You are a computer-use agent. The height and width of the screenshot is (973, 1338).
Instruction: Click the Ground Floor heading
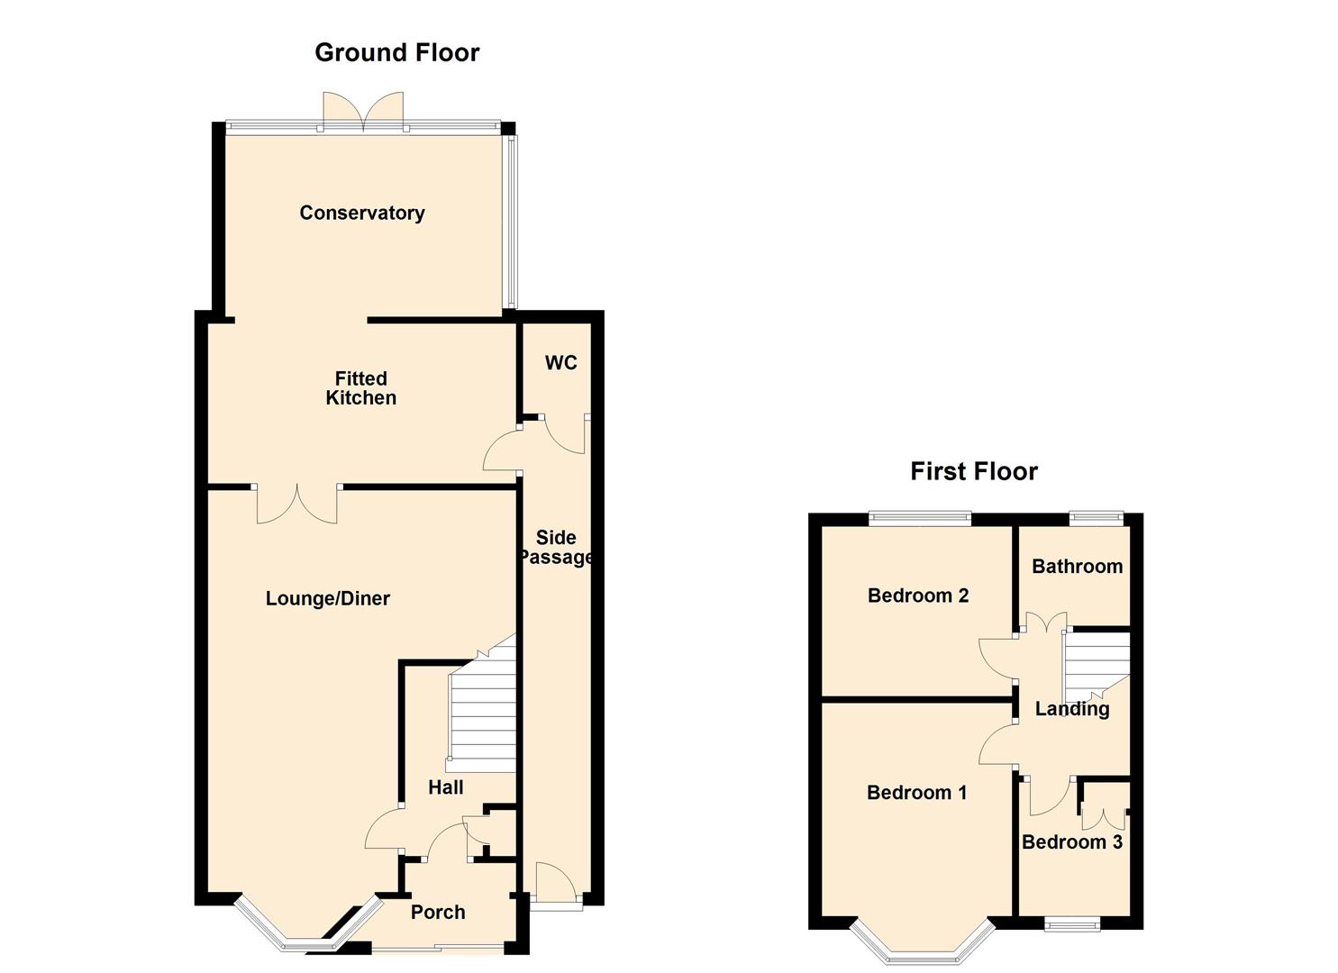click(396, 52)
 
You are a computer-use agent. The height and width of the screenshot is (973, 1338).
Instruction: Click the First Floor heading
click(973, 471)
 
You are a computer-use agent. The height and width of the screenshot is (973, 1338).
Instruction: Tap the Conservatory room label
click(361, 213)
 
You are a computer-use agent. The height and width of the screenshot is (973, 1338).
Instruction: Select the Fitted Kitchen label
click(360, 388)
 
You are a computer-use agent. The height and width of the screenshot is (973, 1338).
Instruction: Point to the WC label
click(560, 362)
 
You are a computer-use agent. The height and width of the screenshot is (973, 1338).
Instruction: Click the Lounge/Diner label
click(327, 598)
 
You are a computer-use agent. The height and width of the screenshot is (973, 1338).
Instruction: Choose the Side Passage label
click(556, 547)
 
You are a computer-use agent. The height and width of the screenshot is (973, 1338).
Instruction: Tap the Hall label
click(445, 787)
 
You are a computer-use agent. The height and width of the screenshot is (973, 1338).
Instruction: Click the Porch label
click(438, 912)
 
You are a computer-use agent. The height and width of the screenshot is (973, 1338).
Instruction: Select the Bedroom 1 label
click(916, 793)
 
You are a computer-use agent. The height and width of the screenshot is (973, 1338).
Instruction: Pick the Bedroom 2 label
click(917, 596)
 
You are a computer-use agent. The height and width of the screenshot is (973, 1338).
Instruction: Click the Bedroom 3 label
click(1071, 842)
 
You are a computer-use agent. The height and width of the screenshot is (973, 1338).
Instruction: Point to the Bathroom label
click(1077, 567)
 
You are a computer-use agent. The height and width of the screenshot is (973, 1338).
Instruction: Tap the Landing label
click(1071, 709)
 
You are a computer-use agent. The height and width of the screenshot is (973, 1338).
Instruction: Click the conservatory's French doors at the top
click(363, 110)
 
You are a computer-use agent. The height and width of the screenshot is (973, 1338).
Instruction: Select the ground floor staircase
click(482, 721)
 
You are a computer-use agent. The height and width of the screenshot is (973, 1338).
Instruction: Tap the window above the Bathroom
click(1096, 518)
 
